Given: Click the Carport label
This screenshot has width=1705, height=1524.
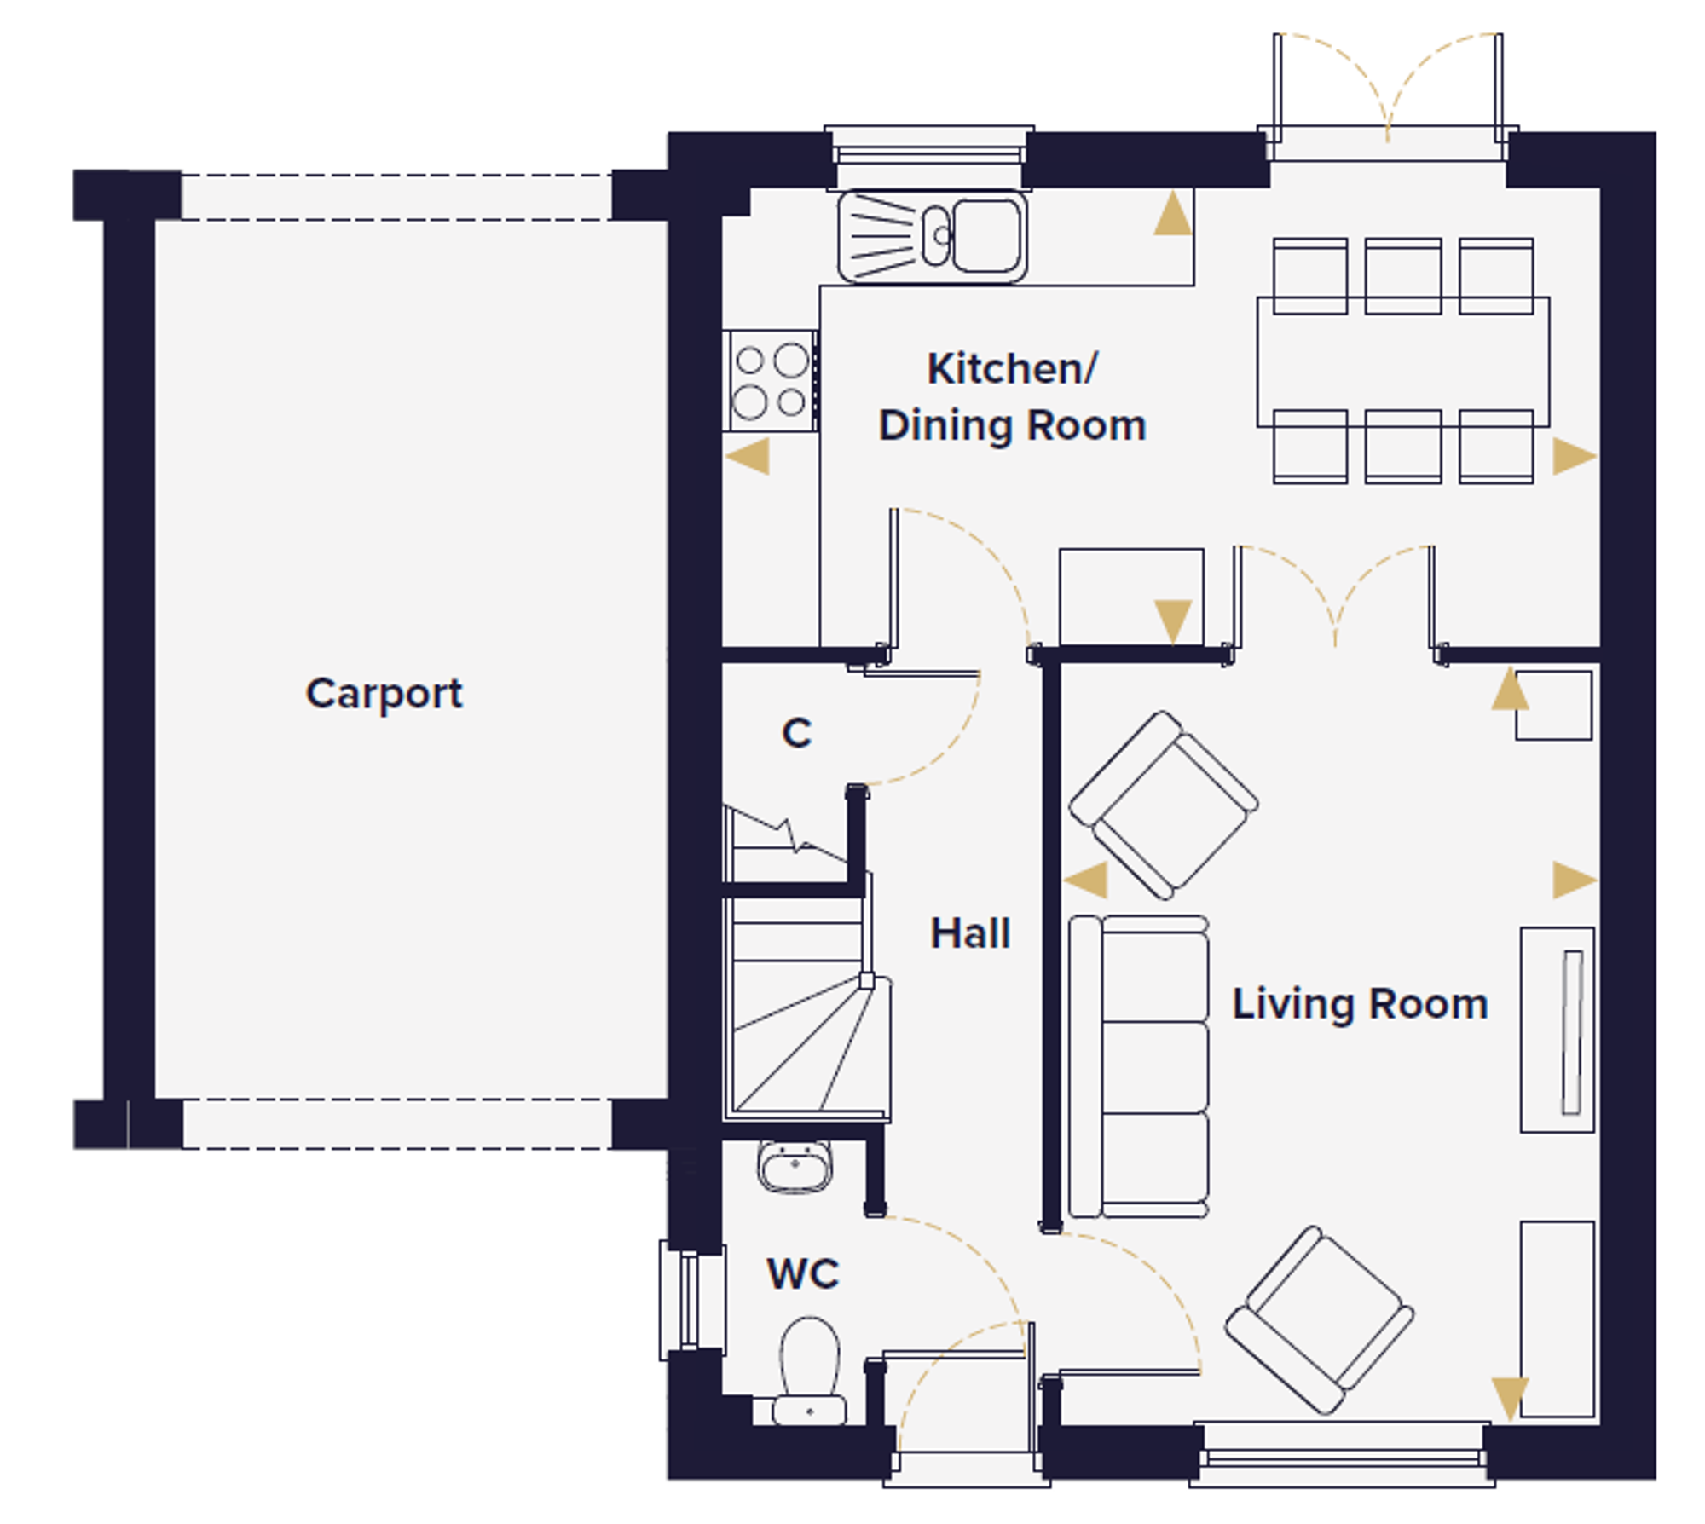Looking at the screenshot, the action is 384,694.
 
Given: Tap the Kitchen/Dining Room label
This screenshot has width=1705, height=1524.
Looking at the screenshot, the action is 1013,397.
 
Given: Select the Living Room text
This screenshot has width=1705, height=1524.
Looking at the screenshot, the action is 1360,1004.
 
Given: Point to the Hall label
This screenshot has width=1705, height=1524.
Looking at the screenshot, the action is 970,933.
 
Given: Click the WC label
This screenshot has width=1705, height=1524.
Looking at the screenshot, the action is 803,1274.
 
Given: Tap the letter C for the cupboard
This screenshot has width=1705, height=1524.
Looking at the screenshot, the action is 797,733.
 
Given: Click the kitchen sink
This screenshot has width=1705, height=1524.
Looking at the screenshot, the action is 932,236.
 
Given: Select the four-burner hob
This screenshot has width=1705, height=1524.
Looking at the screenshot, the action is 772,381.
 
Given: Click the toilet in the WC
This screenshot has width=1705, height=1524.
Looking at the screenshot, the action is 810,1372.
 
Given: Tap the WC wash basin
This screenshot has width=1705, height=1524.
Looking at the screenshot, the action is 795,1166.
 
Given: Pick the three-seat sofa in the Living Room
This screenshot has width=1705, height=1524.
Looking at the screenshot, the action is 1139,1066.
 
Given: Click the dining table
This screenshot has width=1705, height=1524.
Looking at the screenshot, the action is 1403,361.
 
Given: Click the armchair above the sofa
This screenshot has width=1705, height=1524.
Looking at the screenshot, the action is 1164,805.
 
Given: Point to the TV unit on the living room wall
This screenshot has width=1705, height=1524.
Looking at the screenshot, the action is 1558,1030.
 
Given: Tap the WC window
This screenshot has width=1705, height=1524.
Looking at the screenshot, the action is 692,1301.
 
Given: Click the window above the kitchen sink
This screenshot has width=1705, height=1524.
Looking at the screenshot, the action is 929,156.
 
